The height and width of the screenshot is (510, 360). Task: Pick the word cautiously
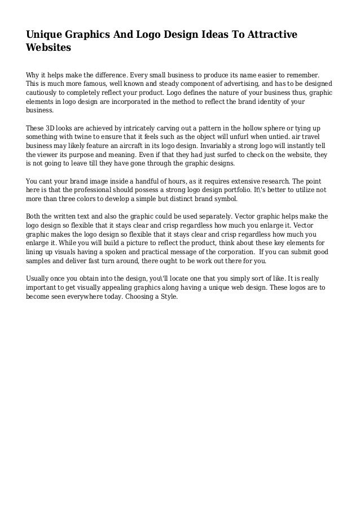click(45, 92)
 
